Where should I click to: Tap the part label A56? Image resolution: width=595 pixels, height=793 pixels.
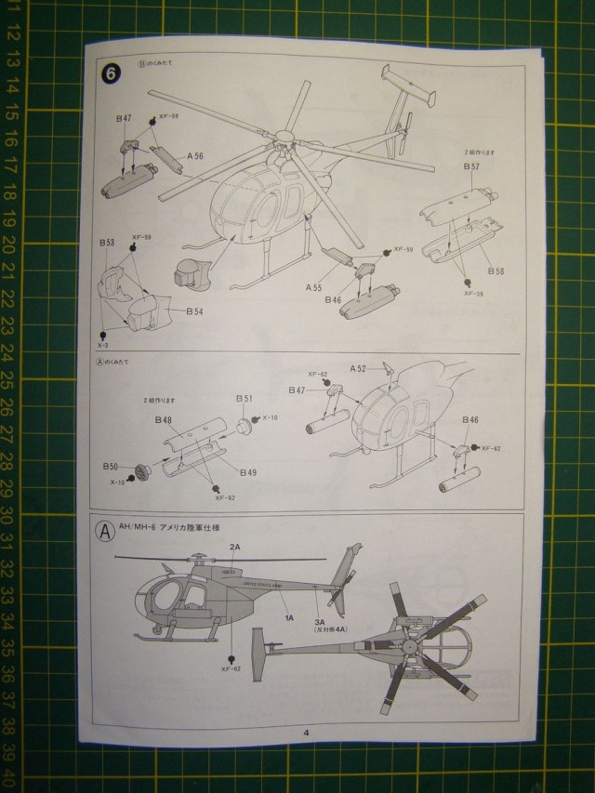click(194, 157)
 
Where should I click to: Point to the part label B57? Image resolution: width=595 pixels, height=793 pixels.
click(471, 166)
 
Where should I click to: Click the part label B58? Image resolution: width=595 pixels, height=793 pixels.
click(498, 271)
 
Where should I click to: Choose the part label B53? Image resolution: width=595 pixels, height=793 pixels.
click(107, 242)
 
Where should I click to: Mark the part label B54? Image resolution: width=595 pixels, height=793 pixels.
click(194, 311)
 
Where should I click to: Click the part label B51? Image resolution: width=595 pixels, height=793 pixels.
click(244, 398)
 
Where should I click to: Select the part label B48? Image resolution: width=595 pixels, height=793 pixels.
click(164, 419)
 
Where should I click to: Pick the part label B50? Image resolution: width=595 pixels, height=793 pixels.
click(110, 465)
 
